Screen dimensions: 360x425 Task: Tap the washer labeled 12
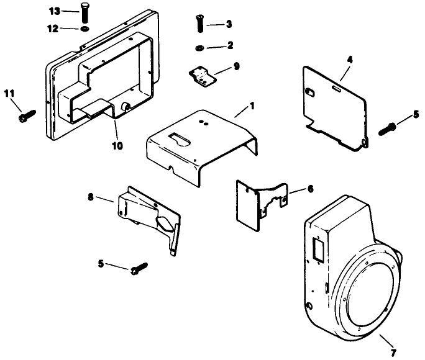point(83,29)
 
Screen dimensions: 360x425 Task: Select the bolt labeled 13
point(83,12)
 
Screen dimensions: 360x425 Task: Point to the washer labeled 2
point(199,47)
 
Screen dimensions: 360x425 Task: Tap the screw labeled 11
point(27,115)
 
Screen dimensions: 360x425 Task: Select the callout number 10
point(117,146)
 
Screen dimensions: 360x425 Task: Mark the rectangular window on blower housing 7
point(318,250)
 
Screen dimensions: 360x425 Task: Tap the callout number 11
point(8,94)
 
